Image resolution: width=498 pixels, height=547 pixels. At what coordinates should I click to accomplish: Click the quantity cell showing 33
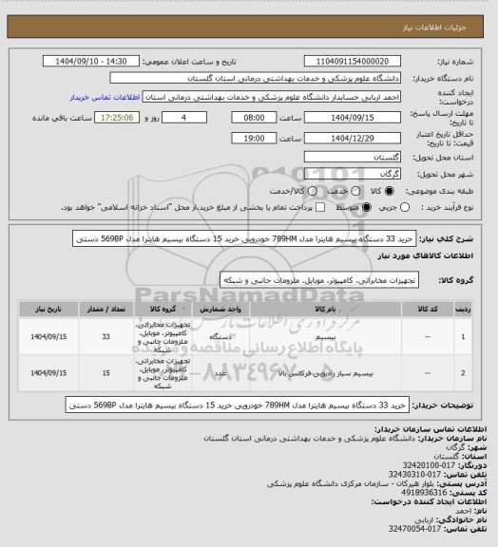[x=105, y=336]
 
